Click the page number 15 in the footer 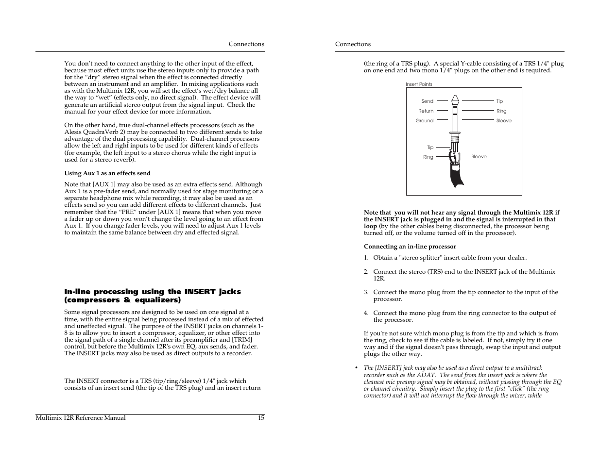point(261,418)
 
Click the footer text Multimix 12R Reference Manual point(81,418)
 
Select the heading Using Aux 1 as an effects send point(107,173)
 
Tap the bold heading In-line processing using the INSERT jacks point(152,292)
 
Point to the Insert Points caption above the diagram point(419,84)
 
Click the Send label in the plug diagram point(427,101)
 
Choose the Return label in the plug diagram point(426,111)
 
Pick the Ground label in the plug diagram point(424,121)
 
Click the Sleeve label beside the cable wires point(479,157)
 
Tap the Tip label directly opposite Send point(499,101)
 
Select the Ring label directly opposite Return point(501,111)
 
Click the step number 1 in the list point(366,258)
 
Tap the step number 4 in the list point(366,313)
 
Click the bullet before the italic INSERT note point(356,368)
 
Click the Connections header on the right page point(353,44)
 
